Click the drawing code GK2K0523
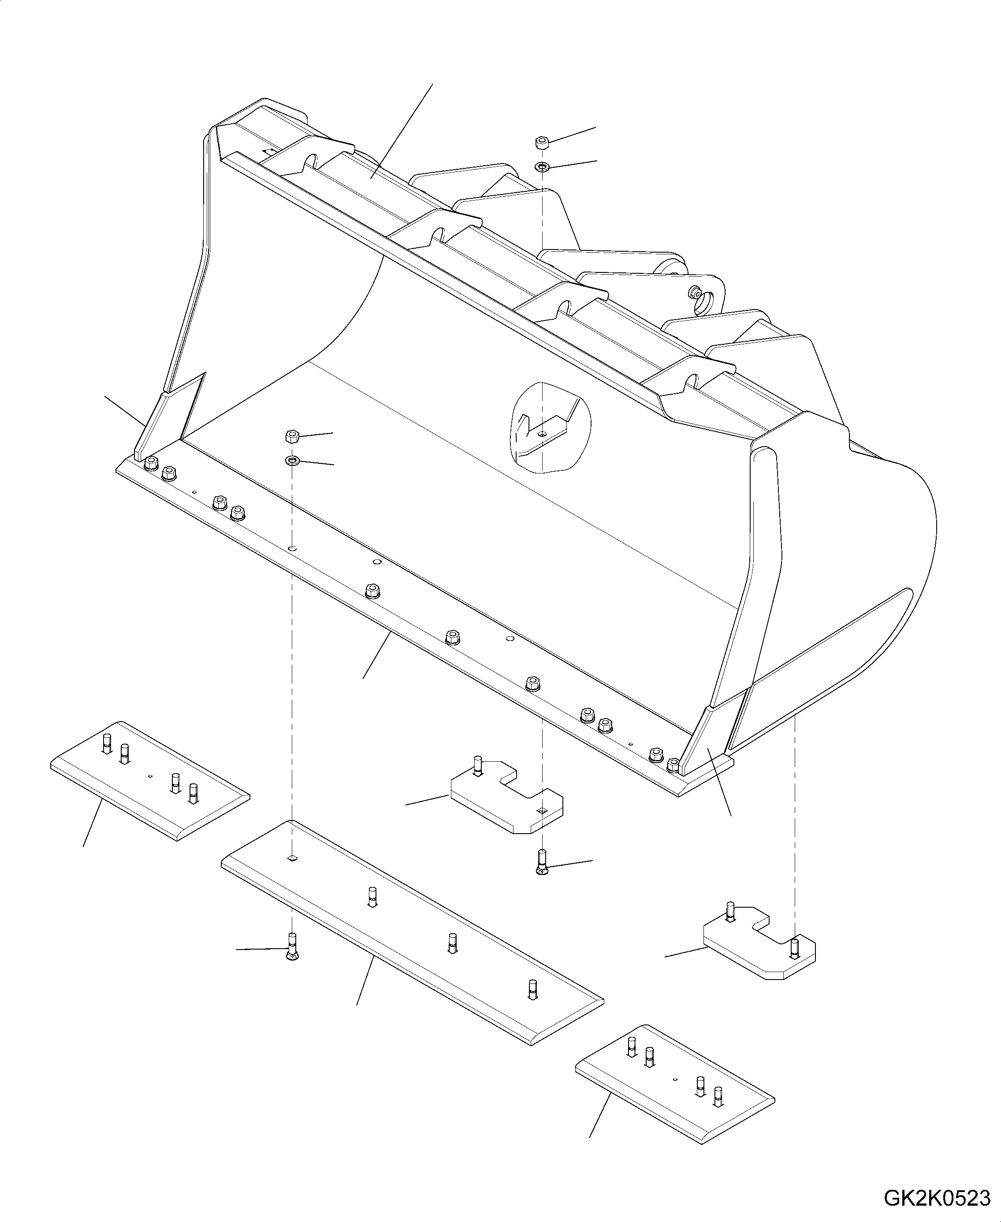click(937, 1196)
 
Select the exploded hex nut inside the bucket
click(292, 436)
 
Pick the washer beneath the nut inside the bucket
click(292, 460)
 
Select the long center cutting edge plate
click(412, 931)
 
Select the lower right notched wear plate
click(758, 949)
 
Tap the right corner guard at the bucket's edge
click(707, 741)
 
